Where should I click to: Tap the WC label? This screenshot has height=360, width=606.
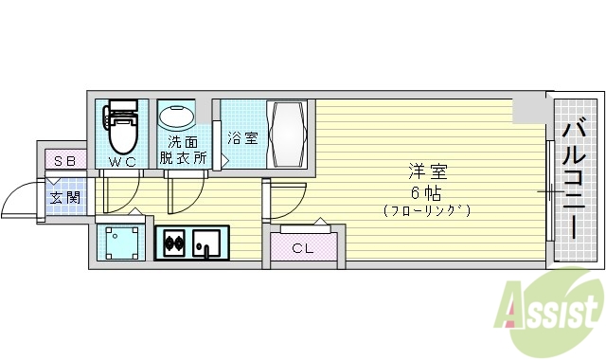[122, 162]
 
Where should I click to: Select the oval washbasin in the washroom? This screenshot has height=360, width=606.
[175, 118]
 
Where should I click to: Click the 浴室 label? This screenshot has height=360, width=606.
[241, 137]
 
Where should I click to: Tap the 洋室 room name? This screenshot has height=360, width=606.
[427, 171]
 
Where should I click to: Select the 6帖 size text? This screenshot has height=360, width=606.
[427, 190]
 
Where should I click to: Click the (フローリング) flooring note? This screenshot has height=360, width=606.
[427, 209]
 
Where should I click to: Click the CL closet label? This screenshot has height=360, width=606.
[302, 249]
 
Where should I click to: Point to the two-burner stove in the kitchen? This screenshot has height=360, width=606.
[174, 243]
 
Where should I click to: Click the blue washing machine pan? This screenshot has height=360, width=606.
[123, 243]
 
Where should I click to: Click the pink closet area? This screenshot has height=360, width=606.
[302, 248]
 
